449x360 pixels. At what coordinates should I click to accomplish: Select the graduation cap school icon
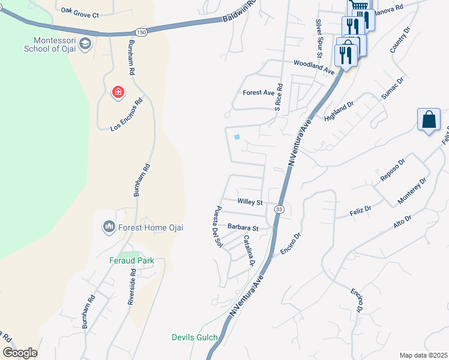point(86,43)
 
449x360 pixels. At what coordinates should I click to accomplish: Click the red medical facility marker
point(118,92)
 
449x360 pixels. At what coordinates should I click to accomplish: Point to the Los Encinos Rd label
point(127,115)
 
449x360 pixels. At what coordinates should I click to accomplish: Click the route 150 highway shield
point(140,32)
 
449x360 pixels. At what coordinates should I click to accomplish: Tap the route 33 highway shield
point(279,209)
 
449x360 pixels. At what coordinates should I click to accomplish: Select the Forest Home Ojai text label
point(151,227)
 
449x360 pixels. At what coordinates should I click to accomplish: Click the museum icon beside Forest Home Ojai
point(109,227)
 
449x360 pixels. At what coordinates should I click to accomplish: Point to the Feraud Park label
point(131,260)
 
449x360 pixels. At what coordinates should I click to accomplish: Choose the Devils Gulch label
point(194,337)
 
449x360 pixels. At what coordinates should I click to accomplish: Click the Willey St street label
point(250,203)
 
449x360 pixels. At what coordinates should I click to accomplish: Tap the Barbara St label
point(243,228)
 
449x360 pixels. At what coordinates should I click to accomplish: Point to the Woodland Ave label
point(313,67)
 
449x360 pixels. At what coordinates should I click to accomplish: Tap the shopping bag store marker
point(429,119)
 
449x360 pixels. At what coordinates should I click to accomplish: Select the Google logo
point(20,353)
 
